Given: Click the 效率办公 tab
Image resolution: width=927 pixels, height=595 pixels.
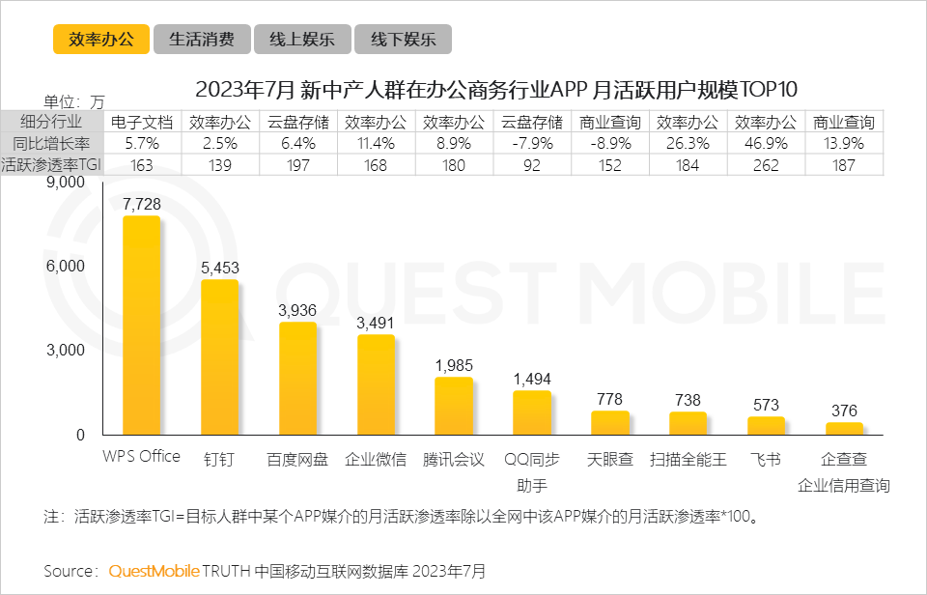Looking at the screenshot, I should pos(101,40).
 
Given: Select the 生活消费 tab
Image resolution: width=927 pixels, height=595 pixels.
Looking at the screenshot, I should pos(201,40).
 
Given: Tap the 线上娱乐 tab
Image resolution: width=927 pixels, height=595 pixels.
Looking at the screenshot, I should pos(301,40).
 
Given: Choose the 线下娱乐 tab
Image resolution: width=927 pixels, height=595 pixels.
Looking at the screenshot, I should pos(403,40).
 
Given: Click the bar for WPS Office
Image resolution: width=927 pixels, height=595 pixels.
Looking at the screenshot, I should pos(141,326).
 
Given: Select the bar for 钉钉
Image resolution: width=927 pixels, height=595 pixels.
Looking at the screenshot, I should pos(219,357).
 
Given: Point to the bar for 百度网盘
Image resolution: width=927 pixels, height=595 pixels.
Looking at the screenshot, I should pos(297,379).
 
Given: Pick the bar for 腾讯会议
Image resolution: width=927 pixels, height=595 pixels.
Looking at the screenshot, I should pos(454,406).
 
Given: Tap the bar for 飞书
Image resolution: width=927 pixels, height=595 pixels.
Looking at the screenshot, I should pos(766,426).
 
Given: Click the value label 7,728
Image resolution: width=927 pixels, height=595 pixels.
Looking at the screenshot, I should pos(141,204).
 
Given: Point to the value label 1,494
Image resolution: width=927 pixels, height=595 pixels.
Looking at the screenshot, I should pos(532,379).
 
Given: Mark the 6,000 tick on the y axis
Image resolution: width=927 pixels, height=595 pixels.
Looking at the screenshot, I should pos(66,267).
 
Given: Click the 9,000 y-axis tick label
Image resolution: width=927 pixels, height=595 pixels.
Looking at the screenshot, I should pos(66,183).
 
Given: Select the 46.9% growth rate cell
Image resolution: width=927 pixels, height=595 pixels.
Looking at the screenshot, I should pos(766,144).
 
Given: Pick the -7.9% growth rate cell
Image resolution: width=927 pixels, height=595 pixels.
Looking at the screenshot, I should pos(532,144).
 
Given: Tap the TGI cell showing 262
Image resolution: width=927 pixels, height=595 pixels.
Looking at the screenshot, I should pos(766,165).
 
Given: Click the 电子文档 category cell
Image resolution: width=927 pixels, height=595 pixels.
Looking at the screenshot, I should pos(141,123).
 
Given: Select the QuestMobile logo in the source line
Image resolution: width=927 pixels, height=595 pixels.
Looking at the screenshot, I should pos(154,571).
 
